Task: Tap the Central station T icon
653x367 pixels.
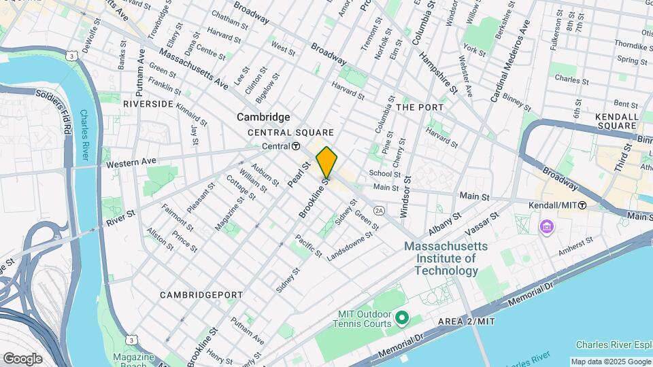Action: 296,146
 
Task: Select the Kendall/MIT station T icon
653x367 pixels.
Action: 582,205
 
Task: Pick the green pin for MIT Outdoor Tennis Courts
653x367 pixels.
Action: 401,317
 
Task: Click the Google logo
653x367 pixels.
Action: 22,358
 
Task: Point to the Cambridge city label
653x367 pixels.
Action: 263,117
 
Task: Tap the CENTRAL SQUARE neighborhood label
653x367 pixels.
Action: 290,133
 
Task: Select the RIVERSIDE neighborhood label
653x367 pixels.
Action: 148,103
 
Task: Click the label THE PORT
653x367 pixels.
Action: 420,107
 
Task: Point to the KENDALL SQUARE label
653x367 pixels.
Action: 617,121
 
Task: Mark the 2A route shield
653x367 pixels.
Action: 379,211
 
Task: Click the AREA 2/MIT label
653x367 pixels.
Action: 466,321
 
